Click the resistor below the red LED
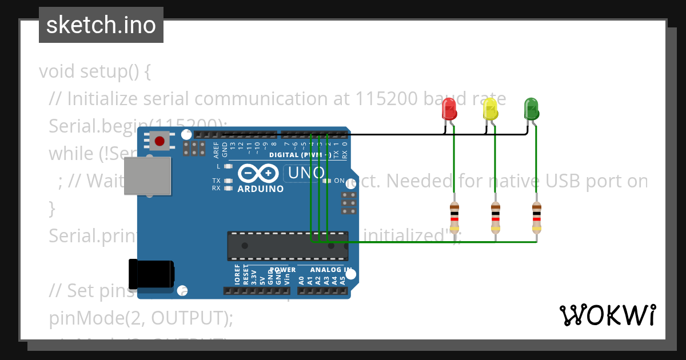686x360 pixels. coord(454,217)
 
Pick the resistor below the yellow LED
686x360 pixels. coord(496,217)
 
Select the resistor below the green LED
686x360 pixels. coord(536,217)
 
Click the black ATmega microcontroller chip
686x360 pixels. coord(288,245)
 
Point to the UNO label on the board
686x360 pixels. coord(306,173)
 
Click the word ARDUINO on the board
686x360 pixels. coord(260,189)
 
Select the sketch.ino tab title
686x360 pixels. coord(101,25)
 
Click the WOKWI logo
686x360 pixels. coord(608,315)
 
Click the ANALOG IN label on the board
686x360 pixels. coord(331,270)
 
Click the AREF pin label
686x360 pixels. coord(216,149)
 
